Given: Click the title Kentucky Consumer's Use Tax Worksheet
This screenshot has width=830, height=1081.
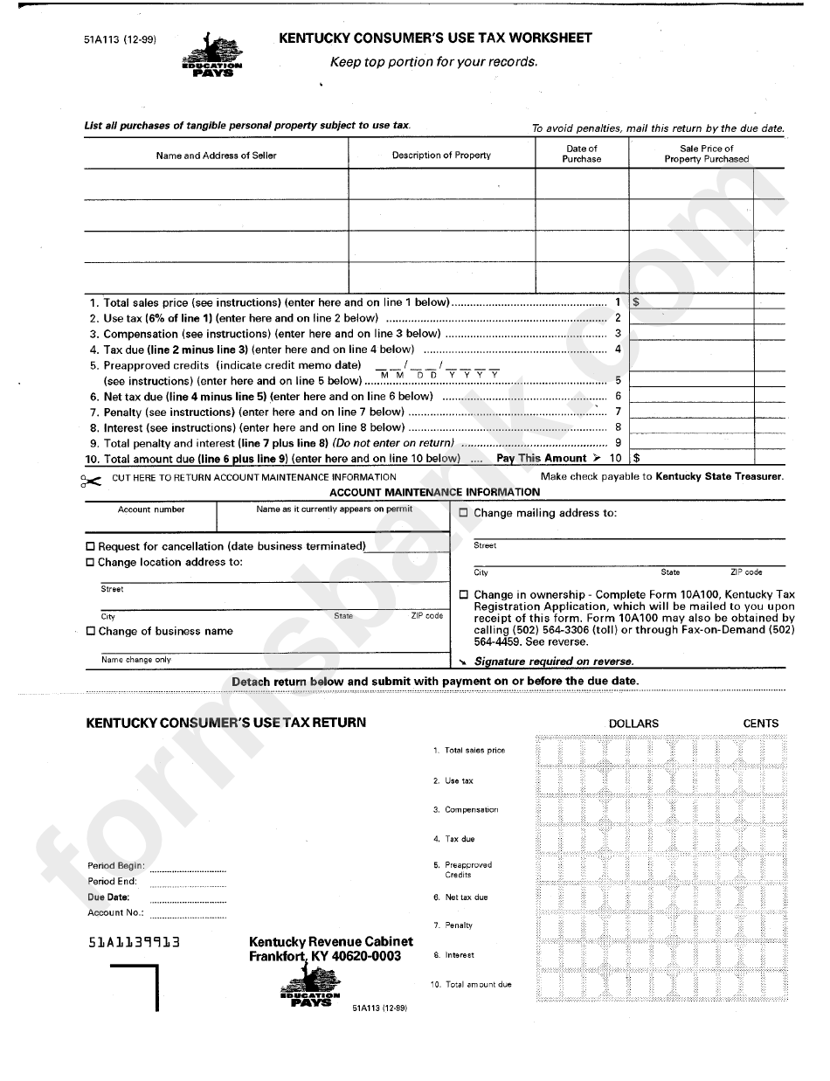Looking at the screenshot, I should pos(434,38).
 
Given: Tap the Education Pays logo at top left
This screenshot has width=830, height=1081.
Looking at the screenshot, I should pos(212,57).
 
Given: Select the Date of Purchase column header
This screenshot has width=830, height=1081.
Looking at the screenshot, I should pos(582,154).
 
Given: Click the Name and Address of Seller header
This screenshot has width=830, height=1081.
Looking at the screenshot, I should pos(216,156).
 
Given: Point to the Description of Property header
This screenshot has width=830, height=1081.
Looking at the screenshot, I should pos(441,156).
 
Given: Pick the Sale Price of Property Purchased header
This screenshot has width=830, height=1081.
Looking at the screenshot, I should pos(706,154).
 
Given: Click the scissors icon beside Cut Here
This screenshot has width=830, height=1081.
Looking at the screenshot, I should pos(91,480).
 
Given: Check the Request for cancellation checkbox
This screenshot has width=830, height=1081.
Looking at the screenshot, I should pos(90,547).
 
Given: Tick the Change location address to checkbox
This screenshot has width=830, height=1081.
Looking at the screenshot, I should pos(90,563).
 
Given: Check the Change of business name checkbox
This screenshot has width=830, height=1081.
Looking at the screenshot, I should pos(91,632).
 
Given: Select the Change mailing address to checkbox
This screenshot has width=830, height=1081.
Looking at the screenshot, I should pos(464,514).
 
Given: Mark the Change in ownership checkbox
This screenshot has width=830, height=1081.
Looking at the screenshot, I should pos(464,595).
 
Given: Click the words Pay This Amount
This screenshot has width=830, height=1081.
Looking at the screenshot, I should pos(541,458).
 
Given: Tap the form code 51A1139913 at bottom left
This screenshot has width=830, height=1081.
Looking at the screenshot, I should pos(134,943).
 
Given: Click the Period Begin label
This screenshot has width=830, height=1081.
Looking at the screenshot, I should pos(115,866).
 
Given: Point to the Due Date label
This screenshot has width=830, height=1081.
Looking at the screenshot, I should pos(108,897).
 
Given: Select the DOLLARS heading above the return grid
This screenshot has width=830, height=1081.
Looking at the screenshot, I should pos(633,724).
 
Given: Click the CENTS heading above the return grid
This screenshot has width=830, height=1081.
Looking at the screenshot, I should pos(760,724).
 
